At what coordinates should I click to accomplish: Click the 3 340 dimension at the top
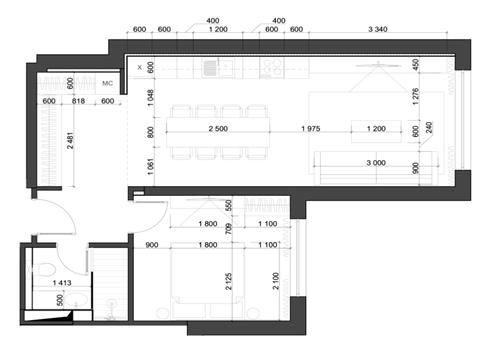click(378, 29)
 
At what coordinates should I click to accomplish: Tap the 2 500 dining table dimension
click(218, 129)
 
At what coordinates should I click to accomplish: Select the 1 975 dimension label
click(311, 129)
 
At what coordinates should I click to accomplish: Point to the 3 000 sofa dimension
click(376, 163)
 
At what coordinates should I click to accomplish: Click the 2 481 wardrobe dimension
click(70, 140)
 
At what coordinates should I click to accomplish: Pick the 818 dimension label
click(78, 101)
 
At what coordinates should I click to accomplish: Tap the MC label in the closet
click(107, 83)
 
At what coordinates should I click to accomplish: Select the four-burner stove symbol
click(272, 68)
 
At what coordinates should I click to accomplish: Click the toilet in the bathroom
click(43, 270)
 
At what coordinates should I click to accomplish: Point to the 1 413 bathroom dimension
click(62, 283)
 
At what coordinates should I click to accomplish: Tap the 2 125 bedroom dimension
click(229, 281)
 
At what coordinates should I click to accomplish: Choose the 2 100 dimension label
click(276, 281)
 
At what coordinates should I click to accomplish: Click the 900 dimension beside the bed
click(152, 245)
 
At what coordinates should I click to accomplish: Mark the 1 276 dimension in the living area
click(415, 96)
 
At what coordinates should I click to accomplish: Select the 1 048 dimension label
click(151, 97)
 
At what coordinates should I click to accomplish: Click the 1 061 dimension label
click(151, 167)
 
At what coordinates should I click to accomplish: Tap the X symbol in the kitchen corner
click(140, 67)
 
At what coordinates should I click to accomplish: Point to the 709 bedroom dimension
click(229, 229)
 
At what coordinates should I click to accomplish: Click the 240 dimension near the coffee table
click(429, 127)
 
